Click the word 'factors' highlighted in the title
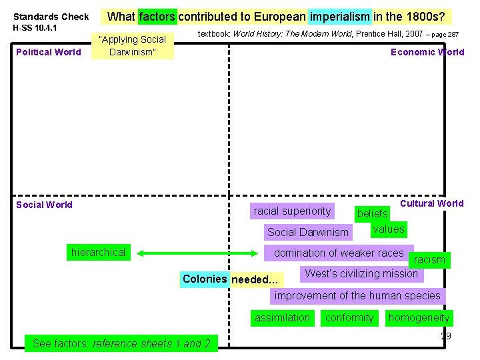tap(157, 17)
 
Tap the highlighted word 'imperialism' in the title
tap(339, 17)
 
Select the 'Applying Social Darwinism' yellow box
tap(132, 45)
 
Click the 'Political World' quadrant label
tap(49, 52)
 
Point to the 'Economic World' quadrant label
tap(427, 52)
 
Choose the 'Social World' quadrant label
tap(44, 205)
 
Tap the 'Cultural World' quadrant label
tap(431, 203)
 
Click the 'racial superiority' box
tap(292, 211)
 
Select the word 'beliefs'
tap(372, 214)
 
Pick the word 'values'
tap(388, 229)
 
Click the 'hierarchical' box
tap(98, 252)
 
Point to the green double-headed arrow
tap(198, 253)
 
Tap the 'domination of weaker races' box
tap(339, 253)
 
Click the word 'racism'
tap(429, 260)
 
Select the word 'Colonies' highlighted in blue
tap(205, 279)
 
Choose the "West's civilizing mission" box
tap(361, 273)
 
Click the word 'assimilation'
tap(282, 318)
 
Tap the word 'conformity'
tap(349, 318)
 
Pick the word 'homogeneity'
tap(419, 318)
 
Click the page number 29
tap(445, 336)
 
